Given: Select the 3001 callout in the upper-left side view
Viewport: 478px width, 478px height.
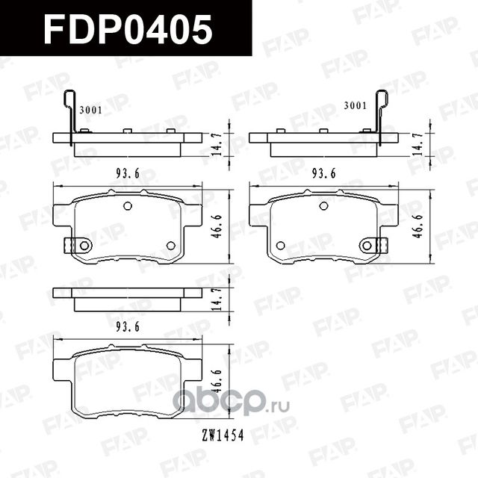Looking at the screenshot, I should [90, 109].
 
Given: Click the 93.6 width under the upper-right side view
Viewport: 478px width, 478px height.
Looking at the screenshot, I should [324, 173].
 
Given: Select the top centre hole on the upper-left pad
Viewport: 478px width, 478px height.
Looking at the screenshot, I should [127, 206].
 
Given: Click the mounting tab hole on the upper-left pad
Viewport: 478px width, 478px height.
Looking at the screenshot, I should [84, 245].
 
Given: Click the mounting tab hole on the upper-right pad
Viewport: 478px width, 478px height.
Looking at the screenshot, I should [366, 245].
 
